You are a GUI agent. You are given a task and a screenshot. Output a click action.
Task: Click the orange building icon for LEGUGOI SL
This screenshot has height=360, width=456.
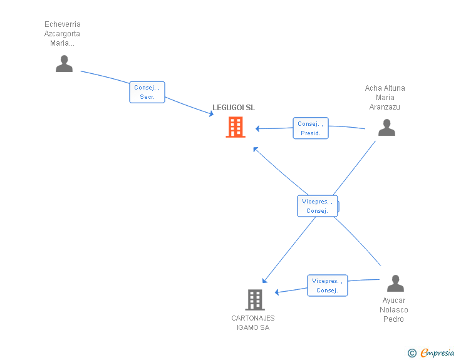tap(236, 127)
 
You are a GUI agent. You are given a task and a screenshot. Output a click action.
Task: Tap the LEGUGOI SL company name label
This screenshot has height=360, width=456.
tap(234, 108)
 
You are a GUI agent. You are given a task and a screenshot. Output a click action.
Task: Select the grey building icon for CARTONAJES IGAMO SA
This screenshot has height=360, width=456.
tap(254, 300)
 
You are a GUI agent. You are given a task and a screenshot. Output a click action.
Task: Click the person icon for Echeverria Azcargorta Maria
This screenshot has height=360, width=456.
tap(64, 63)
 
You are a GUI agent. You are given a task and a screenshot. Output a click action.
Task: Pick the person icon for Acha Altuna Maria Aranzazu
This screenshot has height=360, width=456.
tap(386, 127)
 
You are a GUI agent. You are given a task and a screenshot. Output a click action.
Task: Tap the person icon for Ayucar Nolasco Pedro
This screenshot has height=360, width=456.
tap(395, 284)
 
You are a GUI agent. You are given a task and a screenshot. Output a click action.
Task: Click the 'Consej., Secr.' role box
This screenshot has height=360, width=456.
tap(148, 93)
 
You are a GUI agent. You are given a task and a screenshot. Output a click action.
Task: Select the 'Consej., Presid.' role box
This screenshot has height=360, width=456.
tap(311, 128)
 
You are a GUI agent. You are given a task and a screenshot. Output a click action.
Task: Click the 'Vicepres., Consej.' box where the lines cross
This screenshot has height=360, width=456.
tap(317, 206)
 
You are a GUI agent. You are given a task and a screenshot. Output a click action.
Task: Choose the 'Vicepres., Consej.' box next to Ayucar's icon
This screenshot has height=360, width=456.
tap(327, 285)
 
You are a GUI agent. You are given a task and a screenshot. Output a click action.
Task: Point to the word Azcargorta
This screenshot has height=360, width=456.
tap(62, 34)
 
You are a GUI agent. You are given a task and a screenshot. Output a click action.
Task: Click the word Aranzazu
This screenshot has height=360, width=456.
tap(385, 107)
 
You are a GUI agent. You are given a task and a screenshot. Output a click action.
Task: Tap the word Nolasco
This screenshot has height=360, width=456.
tap(394, 310)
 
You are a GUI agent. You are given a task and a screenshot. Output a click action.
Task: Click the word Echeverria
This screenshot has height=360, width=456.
tap(62, 24)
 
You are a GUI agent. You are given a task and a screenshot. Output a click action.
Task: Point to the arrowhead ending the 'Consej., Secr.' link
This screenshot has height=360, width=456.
tap(211, 114)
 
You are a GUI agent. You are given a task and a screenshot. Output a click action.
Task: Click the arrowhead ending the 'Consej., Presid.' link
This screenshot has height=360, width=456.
tap(257, 128)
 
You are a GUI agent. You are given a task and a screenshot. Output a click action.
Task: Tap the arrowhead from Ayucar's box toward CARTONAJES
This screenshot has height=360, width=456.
tap(277, 292)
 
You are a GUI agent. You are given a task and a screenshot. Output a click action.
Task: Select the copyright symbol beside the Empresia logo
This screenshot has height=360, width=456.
tap(412, 353)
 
